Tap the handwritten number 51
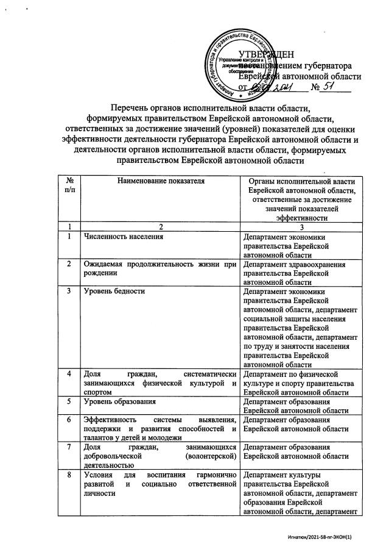tap(332, 87)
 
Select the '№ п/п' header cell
tap(72, 185)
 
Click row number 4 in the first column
tap(72, 373)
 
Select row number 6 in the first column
tap(72, 420)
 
